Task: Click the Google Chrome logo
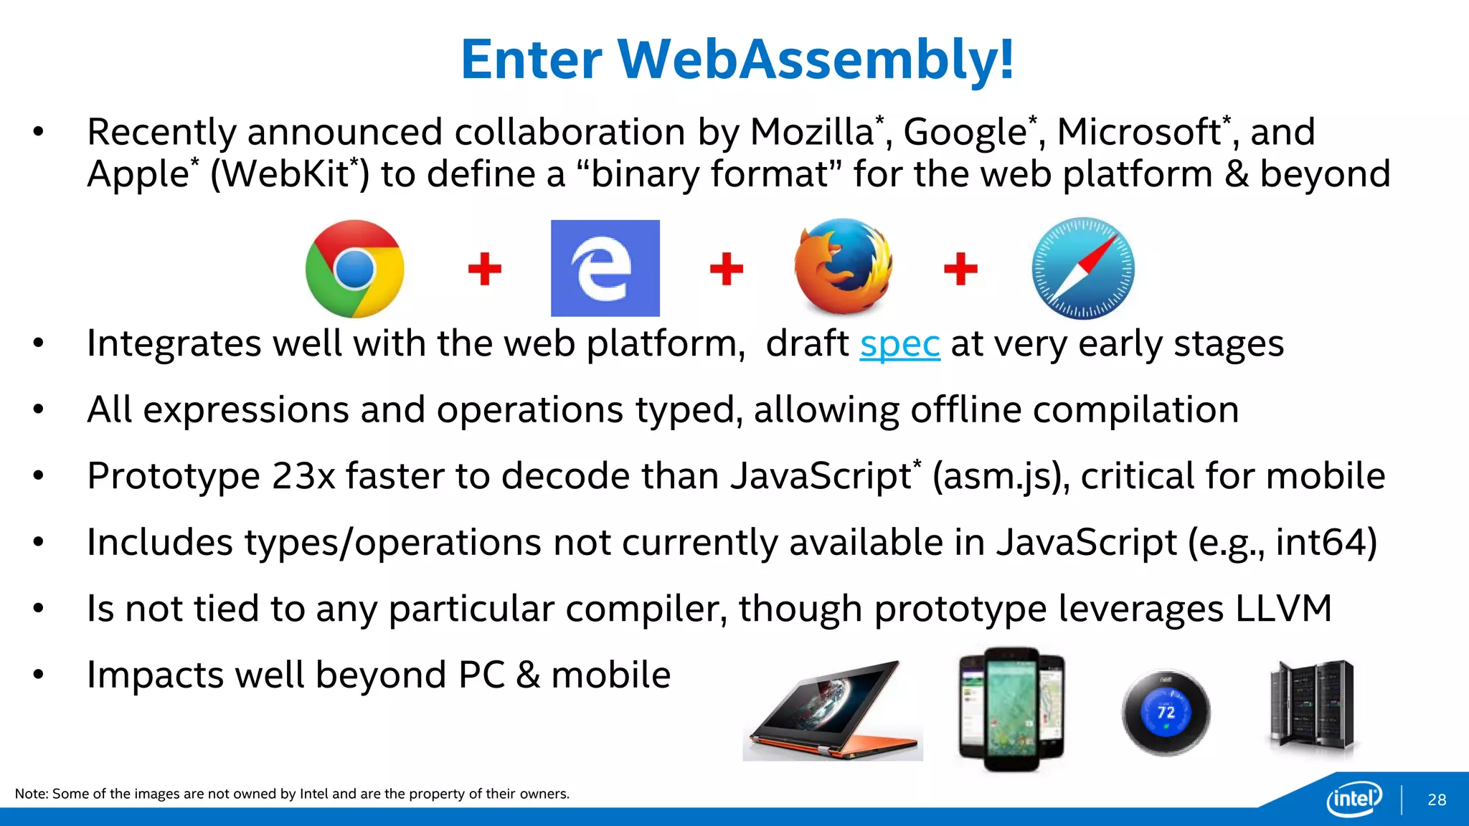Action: click(x=354, y=269)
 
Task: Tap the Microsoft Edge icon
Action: click(x=605, y=268)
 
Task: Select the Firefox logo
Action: click(x=844, y=267)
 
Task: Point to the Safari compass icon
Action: click(x=1083, y=268)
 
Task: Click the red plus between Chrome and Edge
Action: click(x=484, y=269)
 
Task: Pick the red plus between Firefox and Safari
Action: click(x=960, y=269)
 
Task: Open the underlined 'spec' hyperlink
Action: click(x=899, y=343)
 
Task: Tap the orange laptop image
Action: click(x=832, y=712)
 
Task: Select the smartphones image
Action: click(x=1011, y=708)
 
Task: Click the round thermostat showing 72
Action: click(x=1166, y=712)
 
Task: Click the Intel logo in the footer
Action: click(x=1354, y=798)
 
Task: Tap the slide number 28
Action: click(x=1437, y=799)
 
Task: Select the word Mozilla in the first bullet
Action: click(x=811, y=132)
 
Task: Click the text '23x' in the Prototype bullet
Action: click(x=303, y=476)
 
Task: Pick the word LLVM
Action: click(x=1283, y=609)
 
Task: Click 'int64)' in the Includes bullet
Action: click(x=1327, y=543)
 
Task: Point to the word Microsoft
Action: click(x=1139, y=132)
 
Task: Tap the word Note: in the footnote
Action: click(x=31, y=794)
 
